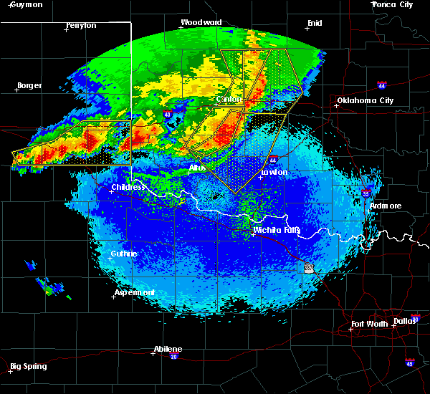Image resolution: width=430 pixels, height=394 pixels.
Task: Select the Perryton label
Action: [x=81, y=25]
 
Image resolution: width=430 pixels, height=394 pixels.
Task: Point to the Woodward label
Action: [x=201, y=22]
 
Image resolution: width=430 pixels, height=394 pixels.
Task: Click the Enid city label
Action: [x=315, y=23]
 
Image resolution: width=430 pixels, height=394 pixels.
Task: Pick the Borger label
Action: [x=29, y=85]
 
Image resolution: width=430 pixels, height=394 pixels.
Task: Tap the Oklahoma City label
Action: [x=365, y=100]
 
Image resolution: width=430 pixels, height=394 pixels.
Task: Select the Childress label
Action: [x=129, y=188]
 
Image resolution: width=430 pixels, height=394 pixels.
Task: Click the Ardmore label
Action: [x=386, y=206]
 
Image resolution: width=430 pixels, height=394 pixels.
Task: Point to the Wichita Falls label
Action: [x=276, y=230]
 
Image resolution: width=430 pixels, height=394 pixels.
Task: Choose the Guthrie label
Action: [x=124, y=254]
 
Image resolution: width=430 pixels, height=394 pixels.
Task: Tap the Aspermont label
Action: [x=134, y=292]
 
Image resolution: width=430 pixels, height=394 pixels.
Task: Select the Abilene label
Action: [x=168, y=349]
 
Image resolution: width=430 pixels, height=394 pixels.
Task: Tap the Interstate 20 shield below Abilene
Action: [x=173, y=356]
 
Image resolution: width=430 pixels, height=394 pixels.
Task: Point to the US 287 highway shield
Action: [x=308, y=267]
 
